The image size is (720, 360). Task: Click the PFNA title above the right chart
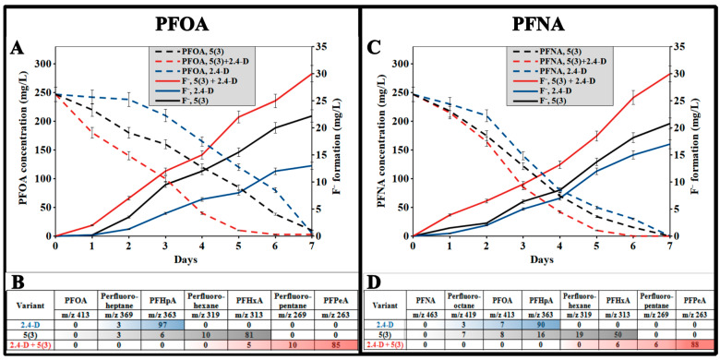(540, 21)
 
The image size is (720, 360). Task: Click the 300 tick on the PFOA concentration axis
(42, 64)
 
